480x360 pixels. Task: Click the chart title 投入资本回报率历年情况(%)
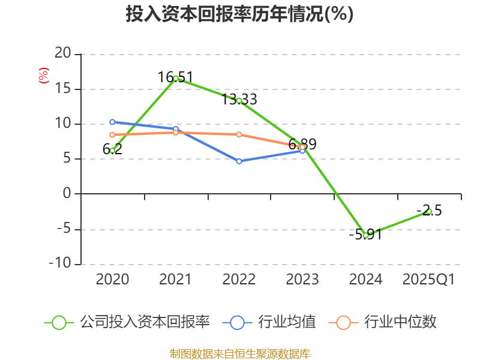tap(239, 14)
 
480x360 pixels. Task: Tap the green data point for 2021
tap(176, 78)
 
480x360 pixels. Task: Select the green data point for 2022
tap(239, 101)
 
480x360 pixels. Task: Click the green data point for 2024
tap(365, 235)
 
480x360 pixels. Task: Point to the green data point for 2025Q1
tap(429, 211)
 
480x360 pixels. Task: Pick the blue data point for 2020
tap(112, 122)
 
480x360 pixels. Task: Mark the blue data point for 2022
tap(239, 161)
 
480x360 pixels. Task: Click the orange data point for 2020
tap(112, 134)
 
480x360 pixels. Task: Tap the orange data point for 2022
tap(239, 134)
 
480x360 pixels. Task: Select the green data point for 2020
tap(112, 151)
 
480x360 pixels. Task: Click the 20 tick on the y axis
tap(62, 54)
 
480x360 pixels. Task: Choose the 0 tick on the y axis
tap(67, 194)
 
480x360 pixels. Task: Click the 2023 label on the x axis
tap(302, 280)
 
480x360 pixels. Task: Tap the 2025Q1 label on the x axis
tap(428, 280)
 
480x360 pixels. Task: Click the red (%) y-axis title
tap(43, 76)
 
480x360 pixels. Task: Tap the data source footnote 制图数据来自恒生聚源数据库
tap(239, 353)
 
